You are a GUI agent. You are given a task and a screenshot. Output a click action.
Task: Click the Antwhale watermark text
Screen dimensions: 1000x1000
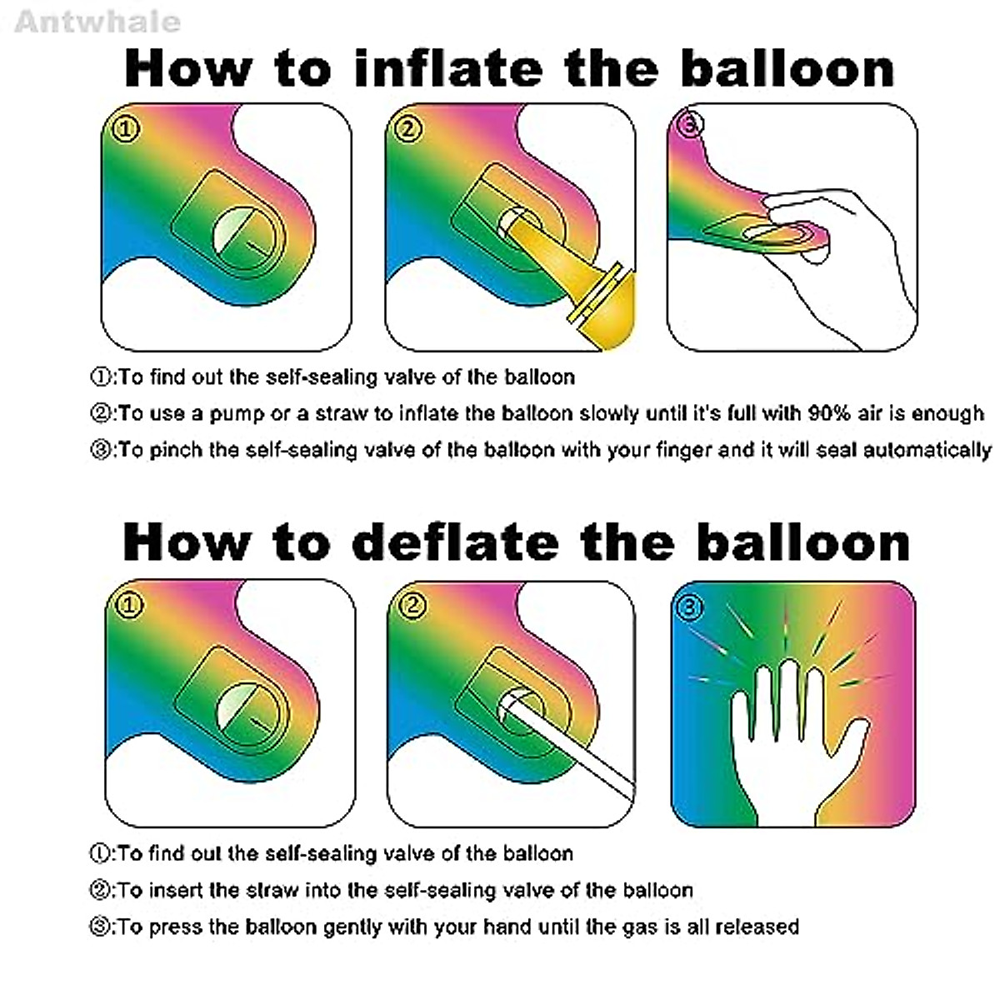tap(97, 21)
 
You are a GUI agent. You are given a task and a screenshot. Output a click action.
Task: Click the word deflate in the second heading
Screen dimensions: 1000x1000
tap(456, 542)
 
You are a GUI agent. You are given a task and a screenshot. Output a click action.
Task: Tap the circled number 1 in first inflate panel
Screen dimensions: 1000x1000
tap(127, 128)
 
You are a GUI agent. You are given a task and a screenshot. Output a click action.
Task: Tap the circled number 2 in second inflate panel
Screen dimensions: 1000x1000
tap(407, 128)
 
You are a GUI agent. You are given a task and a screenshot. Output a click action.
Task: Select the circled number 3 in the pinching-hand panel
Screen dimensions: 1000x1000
tap(692, 124)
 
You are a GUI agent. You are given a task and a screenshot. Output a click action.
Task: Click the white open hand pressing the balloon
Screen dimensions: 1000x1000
tap(792, 733)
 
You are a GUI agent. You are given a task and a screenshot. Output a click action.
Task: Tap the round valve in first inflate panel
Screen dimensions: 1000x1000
tap(242, 237)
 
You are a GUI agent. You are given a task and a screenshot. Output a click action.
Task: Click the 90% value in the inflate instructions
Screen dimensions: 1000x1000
tap(827, 414)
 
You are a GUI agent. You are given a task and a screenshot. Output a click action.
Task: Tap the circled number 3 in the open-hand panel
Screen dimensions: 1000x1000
tap(689, 607)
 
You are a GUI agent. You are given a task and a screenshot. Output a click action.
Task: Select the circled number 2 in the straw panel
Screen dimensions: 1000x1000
tap(412, 606)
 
